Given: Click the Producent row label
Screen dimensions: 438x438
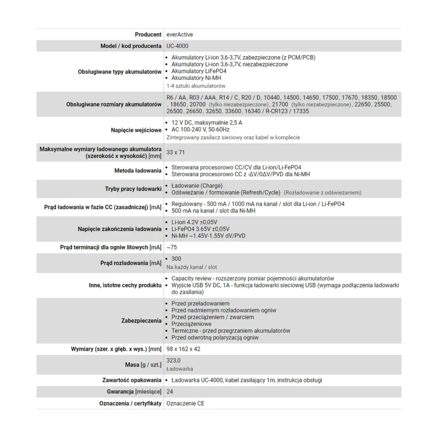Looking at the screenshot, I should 148,35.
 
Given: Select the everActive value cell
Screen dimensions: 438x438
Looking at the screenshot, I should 180,35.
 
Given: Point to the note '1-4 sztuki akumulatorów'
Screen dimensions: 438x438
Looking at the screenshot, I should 196,86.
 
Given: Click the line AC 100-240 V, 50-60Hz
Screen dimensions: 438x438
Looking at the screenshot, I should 200,130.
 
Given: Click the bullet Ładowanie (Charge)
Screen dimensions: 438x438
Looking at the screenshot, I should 197,185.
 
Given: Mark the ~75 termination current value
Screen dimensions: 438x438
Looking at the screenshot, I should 172,248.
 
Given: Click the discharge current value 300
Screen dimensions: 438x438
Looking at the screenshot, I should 176,258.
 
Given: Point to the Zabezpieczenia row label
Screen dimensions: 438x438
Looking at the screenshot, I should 141,321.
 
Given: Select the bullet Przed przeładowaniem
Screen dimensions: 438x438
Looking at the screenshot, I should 200,304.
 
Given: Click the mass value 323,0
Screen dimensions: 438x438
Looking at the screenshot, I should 174,360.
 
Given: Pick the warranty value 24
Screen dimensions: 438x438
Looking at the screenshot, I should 170,392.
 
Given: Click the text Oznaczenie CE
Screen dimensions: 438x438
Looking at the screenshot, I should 185,403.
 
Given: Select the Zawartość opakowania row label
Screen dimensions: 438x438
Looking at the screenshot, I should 131,381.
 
